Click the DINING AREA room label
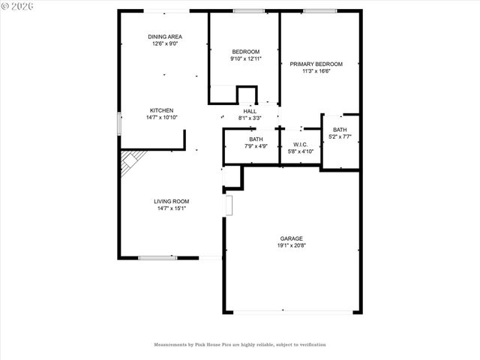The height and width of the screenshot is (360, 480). click(x=164, y=37)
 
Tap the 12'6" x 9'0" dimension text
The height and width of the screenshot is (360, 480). click(x=164, y=44)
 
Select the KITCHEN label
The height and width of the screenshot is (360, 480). click(x=161, y=110)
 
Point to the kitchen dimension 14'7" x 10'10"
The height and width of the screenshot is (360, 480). click(x=161, y=118)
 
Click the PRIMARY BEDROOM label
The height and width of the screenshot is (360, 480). click(x=316, y=64)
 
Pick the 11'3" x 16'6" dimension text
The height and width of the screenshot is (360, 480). click(x=316, y=72)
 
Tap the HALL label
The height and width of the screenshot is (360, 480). click(x=250, y=111)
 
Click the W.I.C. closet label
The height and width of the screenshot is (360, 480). click(x=300, y=145)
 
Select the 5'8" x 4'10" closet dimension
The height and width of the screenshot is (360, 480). click(x=300, y=152)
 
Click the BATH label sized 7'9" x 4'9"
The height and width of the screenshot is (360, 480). click(x=256, y=139)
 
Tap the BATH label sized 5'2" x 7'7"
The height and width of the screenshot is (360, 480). click(x=340, y=130)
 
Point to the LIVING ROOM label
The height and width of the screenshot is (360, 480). click(x=171, y=201)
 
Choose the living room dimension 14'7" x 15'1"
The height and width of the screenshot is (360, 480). click(x=171, y=208)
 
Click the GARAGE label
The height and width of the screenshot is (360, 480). click(x=292, y=238)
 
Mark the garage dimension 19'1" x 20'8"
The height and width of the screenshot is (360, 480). click(x=292, y=246)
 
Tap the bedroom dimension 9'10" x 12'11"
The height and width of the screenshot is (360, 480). click(x=244, y=58)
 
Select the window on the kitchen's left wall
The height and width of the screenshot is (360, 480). click(x=118, y=124)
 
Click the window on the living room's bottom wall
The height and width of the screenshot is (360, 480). click(x=157, y=258)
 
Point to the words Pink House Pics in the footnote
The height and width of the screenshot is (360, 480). click(x=207, y=345)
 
